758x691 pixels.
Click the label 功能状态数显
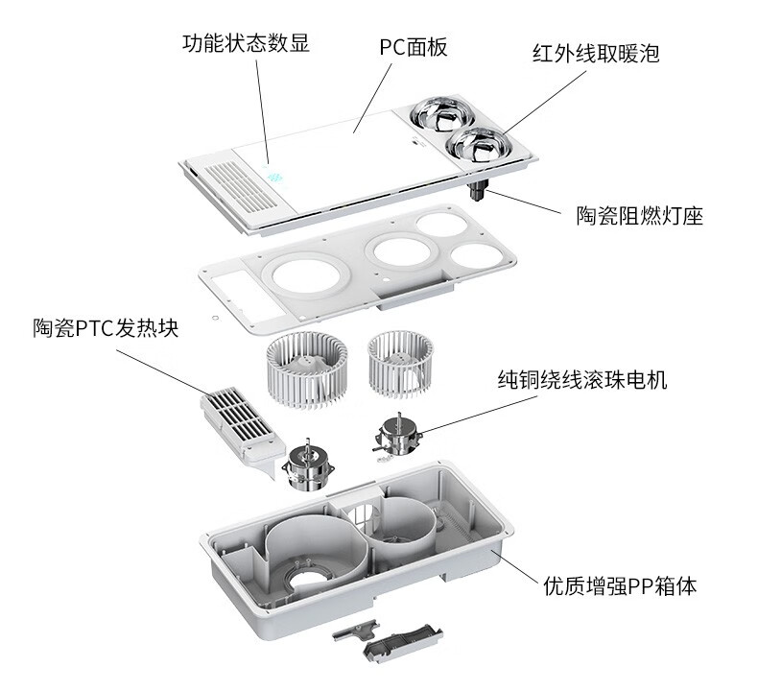(246, 43)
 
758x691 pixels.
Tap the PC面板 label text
(414, 47)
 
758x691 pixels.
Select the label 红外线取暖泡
(596, 53)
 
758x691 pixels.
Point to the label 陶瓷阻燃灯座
(640, 216)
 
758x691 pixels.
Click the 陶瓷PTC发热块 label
(106, 328)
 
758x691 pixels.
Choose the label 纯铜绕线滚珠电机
(582, 380)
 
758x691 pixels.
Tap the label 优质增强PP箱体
(620, 586)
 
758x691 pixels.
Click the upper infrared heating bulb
(438, 114)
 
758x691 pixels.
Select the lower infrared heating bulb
(478, 145)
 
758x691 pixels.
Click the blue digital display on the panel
(274, 178)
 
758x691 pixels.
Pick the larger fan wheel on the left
(307, 369)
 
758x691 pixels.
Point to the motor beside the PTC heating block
(308, 465)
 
